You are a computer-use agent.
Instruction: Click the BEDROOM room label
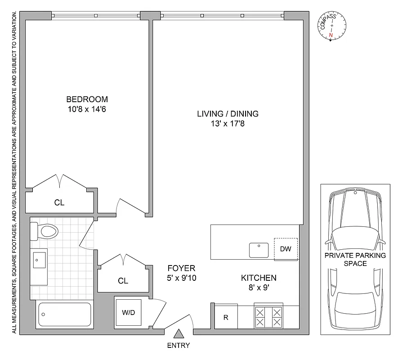[87, 99]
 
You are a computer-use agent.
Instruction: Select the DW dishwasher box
[286, 249]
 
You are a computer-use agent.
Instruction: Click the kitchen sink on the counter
[259, 250]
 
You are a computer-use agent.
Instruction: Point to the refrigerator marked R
[226, 317]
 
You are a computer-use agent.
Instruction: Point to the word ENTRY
[179, 346]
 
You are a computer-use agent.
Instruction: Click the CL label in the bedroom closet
[59, 203]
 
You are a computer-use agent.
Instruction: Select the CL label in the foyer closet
[123, 281]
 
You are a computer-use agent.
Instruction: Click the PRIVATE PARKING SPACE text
[355, 260]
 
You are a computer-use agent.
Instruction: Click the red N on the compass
[331, 36]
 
